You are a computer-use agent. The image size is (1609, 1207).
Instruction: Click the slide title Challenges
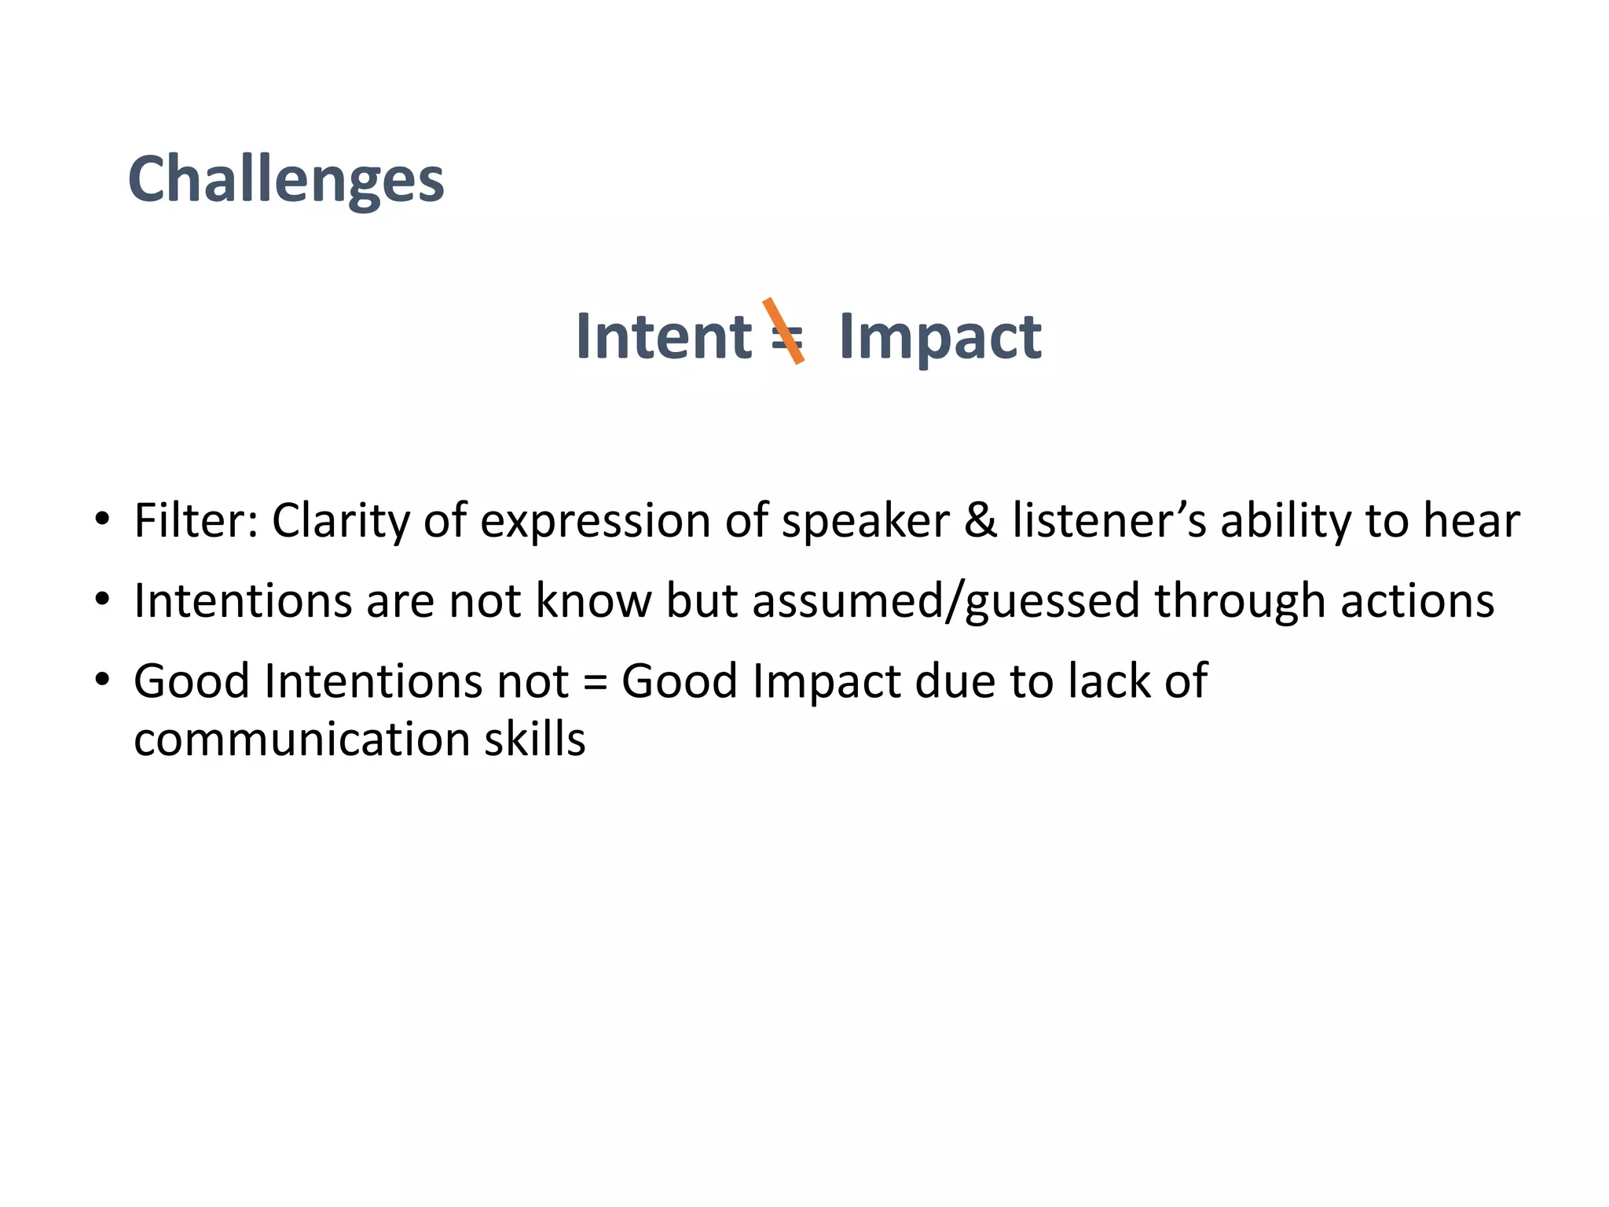286,180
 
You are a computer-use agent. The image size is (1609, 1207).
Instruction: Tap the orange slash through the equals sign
783,331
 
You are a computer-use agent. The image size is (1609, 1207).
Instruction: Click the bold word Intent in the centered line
664,336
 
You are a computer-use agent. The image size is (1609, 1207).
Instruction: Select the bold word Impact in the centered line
940,338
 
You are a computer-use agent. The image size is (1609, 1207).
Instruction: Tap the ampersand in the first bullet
980,521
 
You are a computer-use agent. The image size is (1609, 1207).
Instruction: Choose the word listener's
1109,521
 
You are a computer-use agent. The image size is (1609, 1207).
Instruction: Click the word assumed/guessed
946,602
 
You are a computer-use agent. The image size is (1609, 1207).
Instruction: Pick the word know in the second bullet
594,601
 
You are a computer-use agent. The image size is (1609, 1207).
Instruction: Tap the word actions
1417,601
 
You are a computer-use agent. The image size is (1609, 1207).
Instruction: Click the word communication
301,740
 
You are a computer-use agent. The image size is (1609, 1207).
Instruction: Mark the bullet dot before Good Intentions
101,679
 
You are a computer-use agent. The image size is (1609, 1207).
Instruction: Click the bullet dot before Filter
101,519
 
